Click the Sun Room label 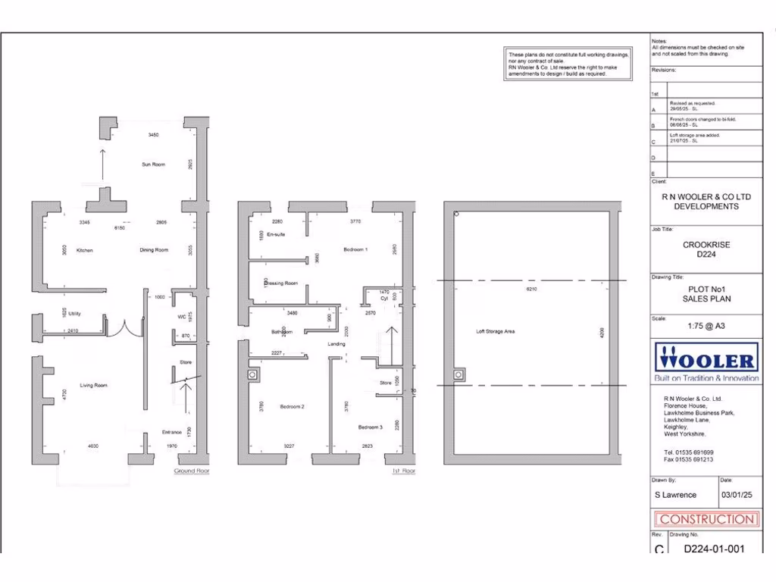click(153, 164)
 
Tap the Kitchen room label click(84, 250)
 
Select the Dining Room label click(154, 250)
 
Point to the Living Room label click(95, 386)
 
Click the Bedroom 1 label click(355, 249)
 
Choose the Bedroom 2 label click(292, 407)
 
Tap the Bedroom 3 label click(371, 427)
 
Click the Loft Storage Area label click(495, 331)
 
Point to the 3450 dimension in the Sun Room click(153, 135)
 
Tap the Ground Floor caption click(192, 471)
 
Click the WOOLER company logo click(706, 361)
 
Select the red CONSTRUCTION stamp click(706, 520)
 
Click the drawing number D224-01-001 click(715, 549)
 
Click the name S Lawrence click(675, 495)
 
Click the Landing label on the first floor click(336, 344)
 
